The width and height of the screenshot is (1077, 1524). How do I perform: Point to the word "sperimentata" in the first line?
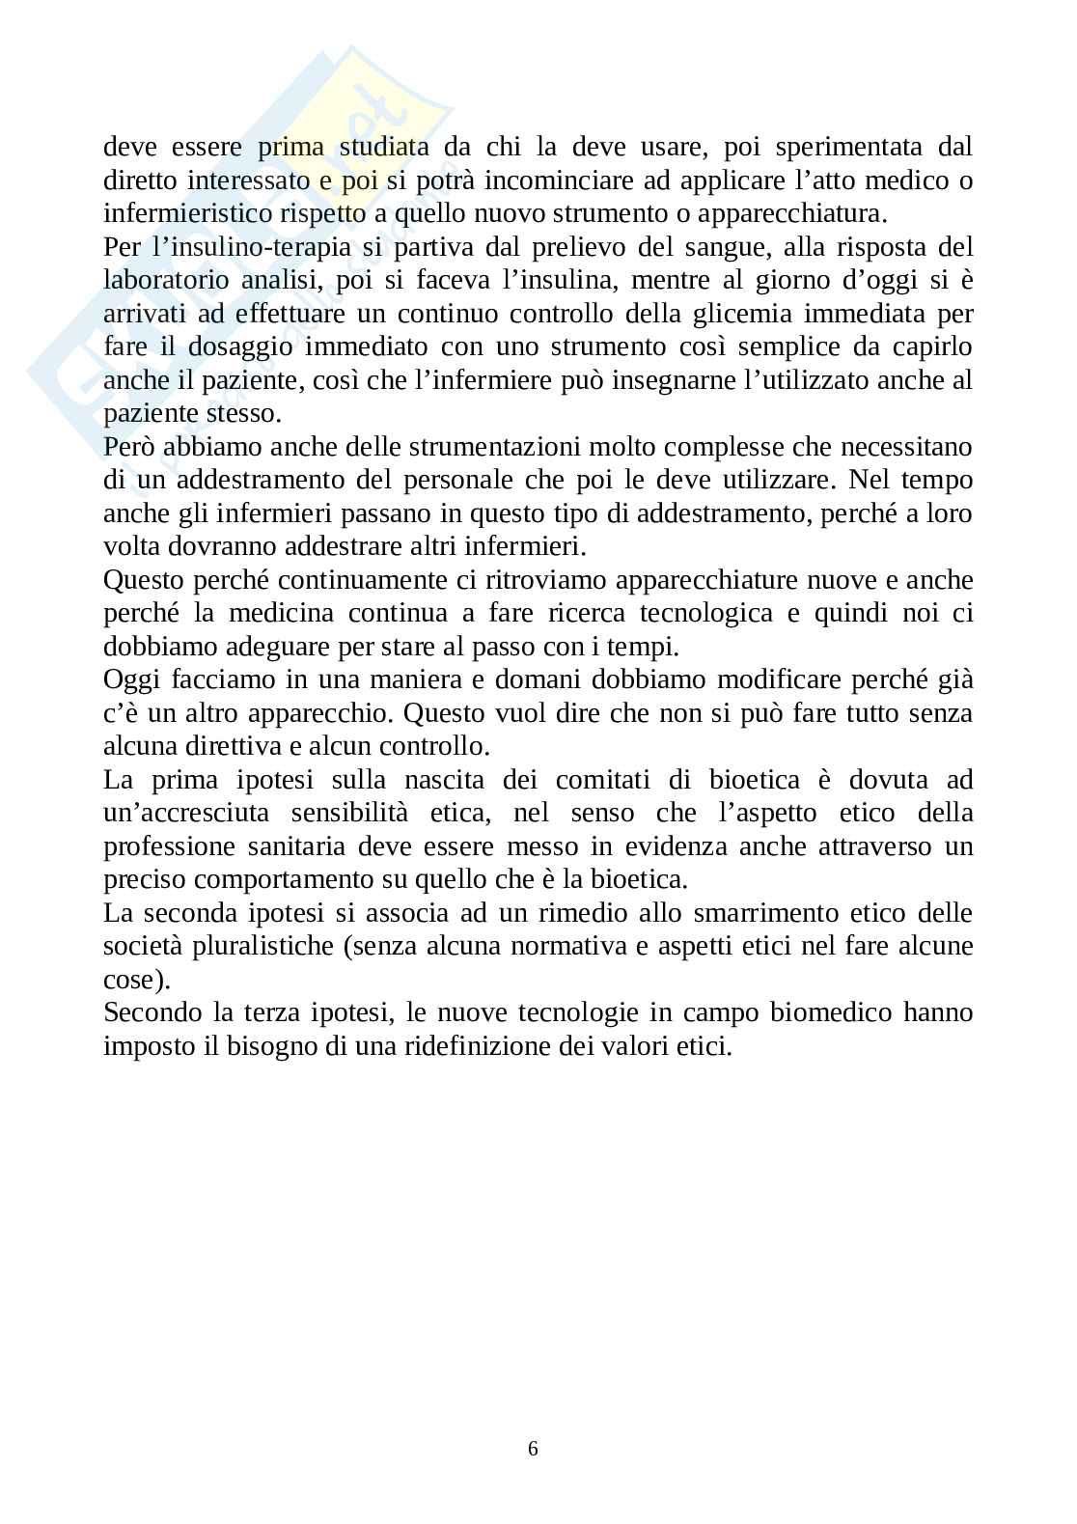(835, 148)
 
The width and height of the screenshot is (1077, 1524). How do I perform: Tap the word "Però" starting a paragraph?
(130, 448)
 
